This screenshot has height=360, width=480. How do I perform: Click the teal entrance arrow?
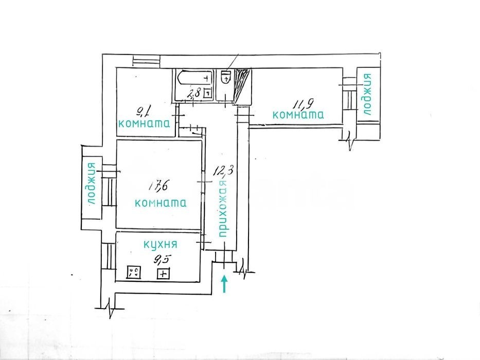click(225, 284)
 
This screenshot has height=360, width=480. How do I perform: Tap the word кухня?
click(161, 244)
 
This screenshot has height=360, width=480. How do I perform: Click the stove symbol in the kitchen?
click(134, 272)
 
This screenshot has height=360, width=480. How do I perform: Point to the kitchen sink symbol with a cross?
click(164, 274)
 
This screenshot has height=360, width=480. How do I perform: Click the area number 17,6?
click(158, 186)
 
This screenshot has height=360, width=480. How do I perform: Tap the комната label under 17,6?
click(161, 203)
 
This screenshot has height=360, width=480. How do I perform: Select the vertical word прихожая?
click(223, 209)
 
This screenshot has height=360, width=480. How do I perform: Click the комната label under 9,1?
click(144, 123)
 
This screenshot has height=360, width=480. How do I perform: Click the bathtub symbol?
click(194, 77)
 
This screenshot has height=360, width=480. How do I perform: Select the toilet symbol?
click(225, 77)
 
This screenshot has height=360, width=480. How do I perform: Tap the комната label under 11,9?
click(298, 115)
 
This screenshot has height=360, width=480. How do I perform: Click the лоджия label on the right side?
click(366, 94)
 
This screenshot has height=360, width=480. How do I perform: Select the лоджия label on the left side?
click(91, 184)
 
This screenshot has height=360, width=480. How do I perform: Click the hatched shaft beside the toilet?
click(242, 86)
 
